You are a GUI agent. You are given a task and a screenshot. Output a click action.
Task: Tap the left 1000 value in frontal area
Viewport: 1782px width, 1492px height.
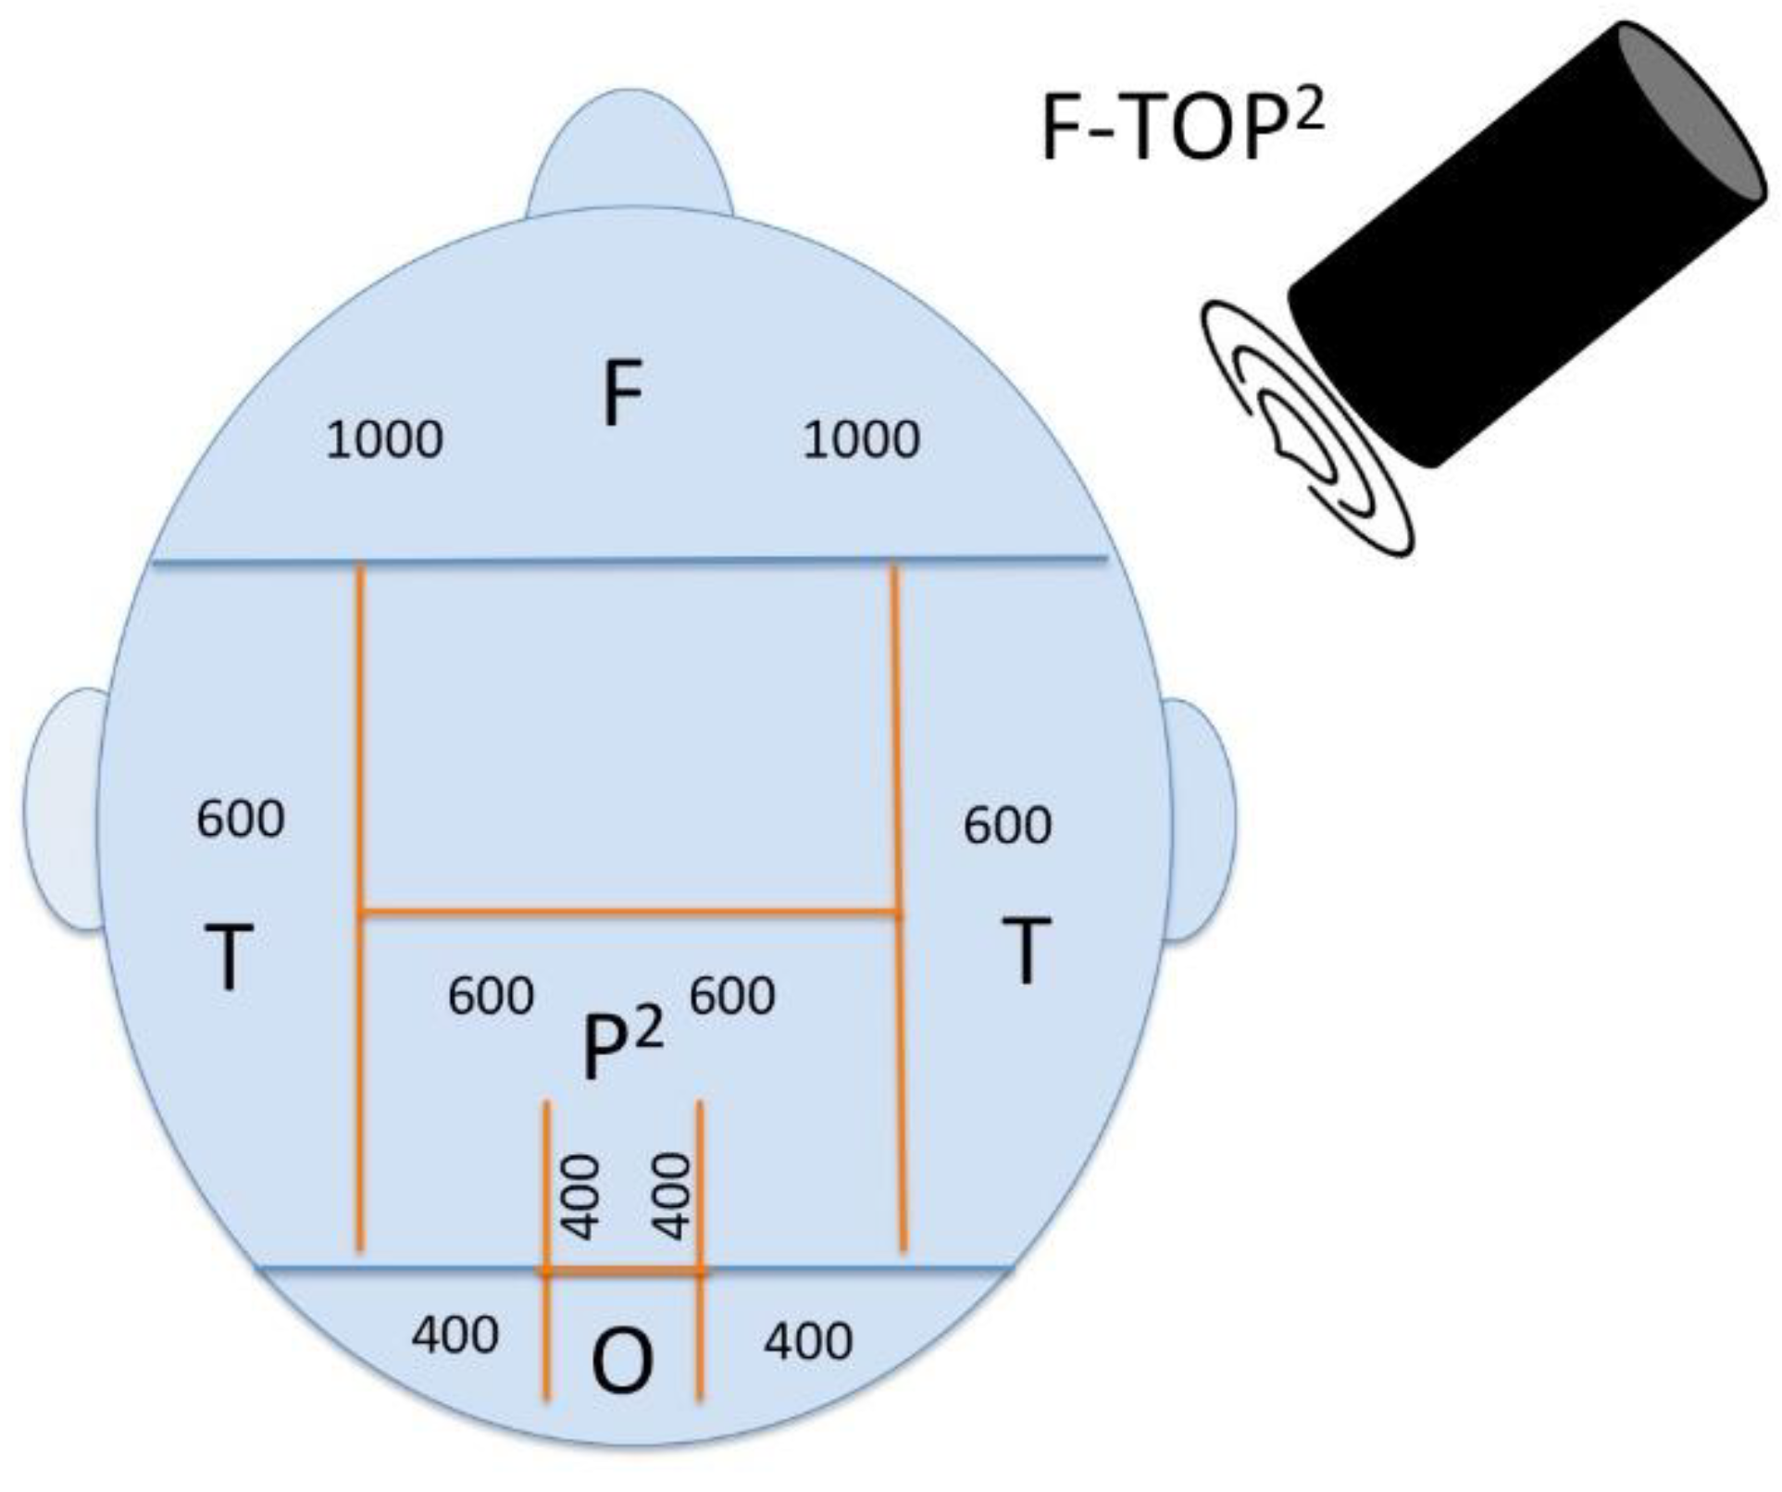384,440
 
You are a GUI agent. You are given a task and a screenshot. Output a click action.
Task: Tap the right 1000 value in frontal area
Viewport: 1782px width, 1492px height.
861,440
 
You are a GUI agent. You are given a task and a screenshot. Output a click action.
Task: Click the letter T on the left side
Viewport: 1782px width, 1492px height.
228,958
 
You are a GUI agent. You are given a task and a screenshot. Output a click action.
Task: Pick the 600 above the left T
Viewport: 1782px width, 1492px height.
241,820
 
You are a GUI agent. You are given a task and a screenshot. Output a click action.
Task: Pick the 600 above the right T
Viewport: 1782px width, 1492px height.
1007,826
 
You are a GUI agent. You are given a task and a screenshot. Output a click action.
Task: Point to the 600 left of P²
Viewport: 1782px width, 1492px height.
491,997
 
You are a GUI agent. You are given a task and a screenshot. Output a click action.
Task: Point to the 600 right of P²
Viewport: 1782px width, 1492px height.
732,997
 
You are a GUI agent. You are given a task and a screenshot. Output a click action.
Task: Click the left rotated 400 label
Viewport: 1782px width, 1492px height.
581,1197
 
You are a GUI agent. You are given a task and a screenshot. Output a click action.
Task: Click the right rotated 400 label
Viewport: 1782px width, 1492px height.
672,1197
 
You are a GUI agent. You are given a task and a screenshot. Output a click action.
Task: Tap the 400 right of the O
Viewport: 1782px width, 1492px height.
808,1341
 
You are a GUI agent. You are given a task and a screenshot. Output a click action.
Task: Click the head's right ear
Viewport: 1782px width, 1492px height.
1199,819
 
